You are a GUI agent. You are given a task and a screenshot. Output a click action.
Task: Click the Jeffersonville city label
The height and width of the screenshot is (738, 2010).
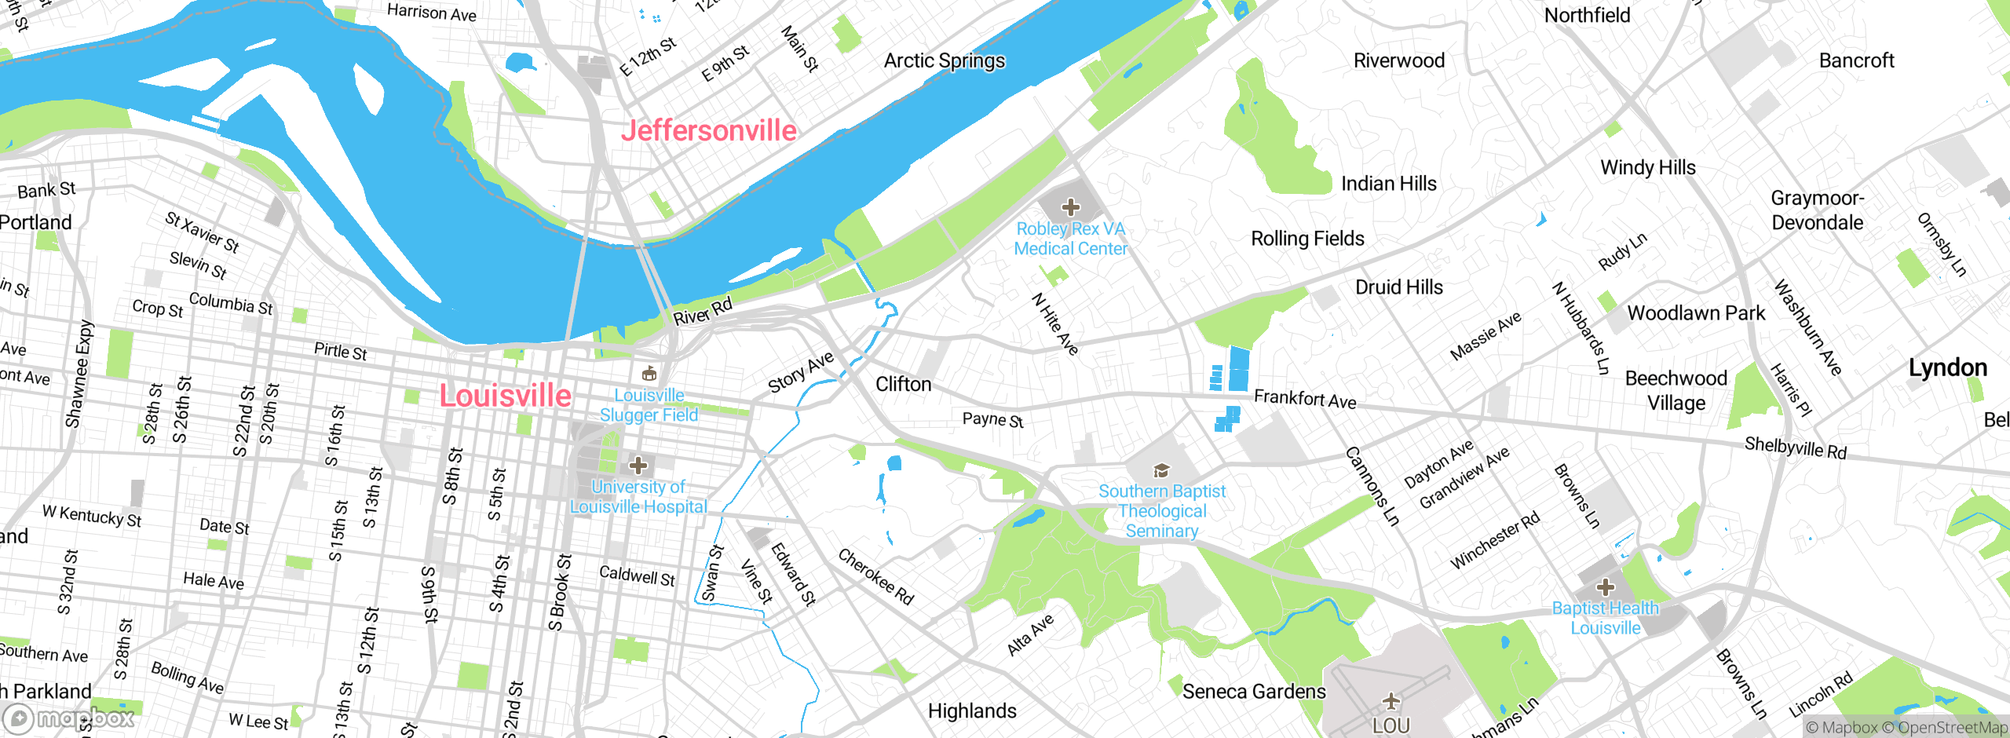point(708,130)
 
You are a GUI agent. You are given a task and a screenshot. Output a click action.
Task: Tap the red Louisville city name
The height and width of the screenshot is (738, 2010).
point(505,395)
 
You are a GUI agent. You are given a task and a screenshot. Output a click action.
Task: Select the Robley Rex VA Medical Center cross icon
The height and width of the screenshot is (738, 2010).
point(1070,207)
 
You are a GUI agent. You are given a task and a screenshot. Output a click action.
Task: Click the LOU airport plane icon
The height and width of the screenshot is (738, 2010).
point(1391,700)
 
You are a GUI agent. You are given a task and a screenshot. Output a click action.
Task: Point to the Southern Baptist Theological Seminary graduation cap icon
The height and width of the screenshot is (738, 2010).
point(1161,470)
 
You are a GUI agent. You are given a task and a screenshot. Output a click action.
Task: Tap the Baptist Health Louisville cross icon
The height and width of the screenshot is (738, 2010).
point(1606,586)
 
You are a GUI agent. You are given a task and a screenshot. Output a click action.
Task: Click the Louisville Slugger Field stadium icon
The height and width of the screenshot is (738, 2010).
point(649,374)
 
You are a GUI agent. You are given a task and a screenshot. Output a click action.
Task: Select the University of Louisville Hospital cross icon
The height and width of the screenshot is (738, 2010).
point(638,466)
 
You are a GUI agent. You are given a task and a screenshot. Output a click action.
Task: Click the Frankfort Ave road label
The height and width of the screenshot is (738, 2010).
point(1305,399)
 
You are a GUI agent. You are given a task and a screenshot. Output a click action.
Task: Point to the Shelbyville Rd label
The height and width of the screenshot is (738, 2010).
point(1796,448)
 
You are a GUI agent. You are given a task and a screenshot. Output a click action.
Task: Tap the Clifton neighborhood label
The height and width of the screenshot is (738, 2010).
point(903,384)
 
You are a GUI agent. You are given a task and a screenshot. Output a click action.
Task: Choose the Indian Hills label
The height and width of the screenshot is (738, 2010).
point(1388,184)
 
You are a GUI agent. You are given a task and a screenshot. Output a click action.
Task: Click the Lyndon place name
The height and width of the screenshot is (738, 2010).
point(1947,367)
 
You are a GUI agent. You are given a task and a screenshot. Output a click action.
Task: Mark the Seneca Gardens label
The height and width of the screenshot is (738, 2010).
point(1254,691)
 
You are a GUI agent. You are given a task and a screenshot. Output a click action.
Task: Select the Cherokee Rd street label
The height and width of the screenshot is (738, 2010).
point(875,577)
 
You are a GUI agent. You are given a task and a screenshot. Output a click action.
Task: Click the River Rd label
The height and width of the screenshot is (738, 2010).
point(703,311)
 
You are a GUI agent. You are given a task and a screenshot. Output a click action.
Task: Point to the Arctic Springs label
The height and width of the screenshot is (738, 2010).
point(944,60)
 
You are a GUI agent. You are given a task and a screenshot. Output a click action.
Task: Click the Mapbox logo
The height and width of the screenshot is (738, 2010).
point(69,718)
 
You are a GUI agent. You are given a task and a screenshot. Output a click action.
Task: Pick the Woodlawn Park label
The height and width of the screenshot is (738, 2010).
point(1696,313)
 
